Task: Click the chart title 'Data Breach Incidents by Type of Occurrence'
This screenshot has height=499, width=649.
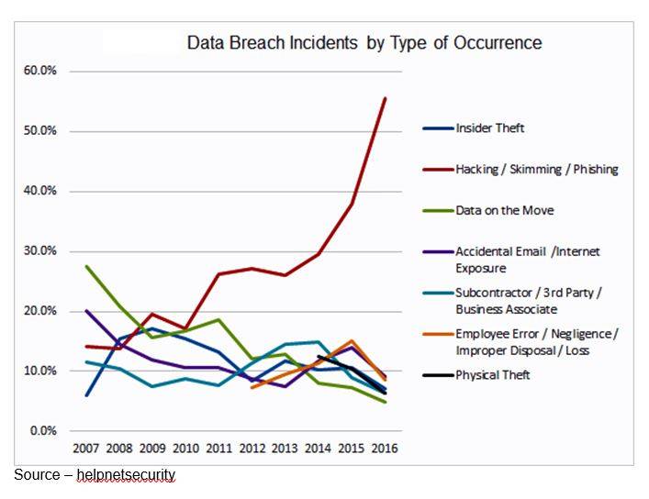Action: click(364, 43)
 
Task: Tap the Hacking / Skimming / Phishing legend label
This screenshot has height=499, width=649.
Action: click(537, 169)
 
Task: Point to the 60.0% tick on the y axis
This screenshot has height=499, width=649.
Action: click(39, 71)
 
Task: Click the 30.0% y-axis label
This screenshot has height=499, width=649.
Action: click(39, 250)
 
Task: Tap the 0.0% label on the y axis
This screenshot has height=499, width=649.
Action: click(43, 431)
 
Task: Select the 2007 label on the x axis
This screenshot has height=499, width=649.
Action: click(86, 449)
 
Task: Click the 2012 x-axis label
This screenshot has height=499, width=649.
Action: click(252, 449)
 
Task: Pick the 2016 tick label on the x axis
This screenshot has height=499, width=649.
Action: click(385, 449)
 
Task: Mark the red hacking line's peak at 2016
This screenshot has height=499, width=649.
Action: click(386, 98)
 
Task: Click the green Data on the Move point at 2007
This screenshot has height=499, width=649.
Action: click(86, 266)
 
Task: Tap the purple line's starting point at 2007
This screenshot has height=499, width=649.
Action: click(86, 310)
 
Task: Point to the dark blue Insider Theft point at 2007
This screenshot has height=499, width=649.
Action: click(86, 395)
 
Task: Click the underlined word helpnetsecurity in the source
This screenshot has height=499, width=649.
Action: click(127, 474)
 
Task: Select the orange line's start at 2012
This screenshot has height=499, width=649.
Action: click(252, 387)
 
